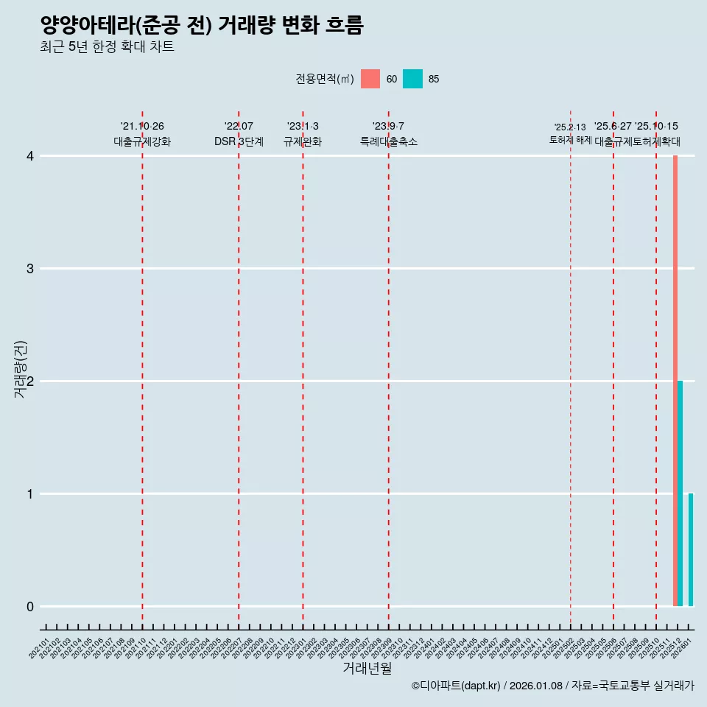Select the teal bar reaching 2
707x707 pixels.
(x=680, y=493)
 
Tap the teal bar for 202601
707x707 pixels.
(x=691, y=549)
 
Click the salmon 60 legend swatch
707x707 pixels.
(x=370, y=79)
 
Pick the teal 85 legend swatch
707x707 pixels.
(x=413, y=79)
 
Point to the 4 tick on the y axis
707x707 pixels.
(x=30, y=156)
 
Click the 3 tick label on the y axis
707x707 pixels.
(x=30, y=269)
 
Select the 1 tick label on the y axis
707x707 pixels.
(x=30, y=494)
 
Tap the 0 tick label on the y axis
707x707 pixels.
(x=30, y=607)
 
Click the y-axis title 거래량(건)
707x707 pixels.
(x=21, y=369)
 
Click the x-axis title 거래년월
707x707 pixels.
(x=367, y=668)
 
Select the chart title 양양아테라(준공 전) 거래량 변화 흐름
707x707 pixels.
(x=202, y=26)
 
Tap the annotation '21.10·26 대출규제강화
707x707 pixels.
(x=142, y=134)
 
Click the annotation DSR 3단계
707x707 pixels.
(x=239, y=141)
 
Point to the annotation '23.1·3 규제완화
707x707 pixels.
(x=303, y=134)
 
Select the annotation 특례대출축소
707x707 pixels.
(x=388, y=141)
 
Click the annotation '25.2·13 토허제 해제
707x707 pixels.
(x=570, y=133)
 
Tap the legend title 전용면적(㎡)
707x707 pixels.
(x=325, y=79)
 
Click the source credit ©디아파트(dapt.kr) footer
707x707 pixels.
(x=552, y=686)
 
